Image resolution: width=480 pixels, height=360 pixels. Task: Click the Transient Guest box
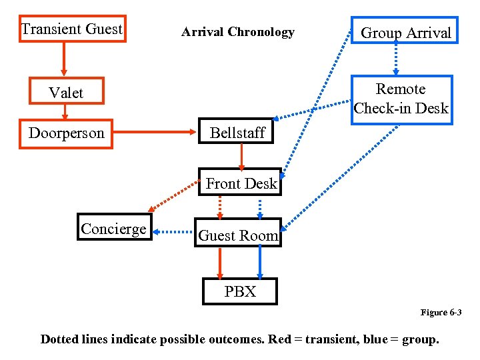(x=72, y=29)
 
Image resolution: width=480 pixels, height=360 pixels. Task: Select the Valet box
(x=66, y=93)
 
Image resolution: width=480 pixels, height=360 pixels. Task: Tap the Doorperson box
(x=66, y=133)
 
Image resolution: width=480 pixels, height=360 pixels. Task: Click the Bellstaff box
(x=237, y=133)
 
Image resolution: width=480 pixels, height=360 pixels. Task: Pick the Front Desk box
(x=241, y=183)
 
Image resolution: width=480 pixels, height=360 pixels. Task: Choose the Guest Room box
(x=238, y=235)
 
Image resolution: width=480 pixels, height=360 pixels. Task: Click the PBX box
(x=239, y=291)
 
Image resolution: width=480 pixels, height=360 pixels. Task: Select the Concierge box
(x=113, y=229)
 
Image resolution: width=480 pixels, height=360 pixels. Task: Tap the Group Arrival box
(x=405, y=33)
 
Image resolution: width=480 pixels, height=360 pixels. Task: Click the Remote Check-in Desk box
(x=401, y=99)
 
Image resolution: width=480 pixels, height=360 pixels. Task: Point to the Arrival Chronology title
(x=237, y=32)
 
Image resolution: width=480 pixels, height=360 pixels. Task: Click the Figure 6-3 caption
(x=441, y=313)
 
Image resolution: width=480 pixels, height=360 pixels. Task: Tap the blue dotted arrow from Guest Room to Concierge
(x=173, y=232)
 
